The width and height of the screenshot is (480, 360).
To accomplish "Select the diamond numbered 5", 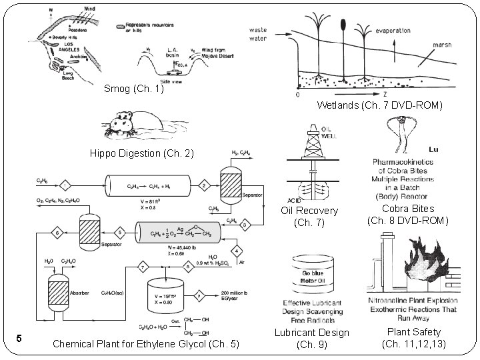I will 120,232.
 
